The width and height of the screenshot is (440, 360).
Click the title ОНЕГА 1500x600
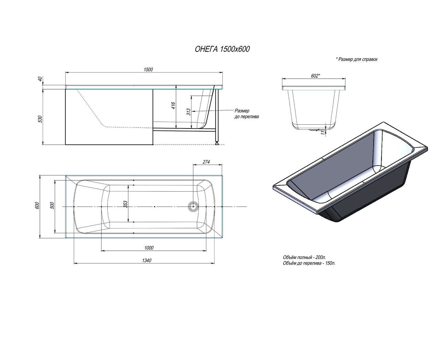[x=222, y=49]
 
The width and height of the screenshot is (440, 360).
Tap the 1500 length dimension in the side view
[x=148, y=70]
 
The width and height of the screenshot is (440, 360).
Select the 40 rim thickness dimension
[x=40, y=79]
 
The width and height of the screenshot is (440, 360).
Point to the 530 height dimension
[x=40, y=119]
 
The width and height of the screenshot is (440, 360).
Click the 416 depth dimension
[x=173, y=105]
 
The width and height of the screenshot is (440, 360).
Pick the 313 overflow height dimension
[x=188, y=112]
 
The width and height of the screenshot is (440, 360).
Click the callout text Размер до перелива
[x=246, y=114]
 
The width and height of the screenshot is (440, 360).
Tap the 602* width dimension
[x=316, y=76]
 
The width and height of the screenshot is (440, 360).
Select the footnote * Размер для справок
[x=356, y=59]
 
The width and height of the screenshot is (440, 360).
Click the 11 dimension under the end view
[x=323, y=133]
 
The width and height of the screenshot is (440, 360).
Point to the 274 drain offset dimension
[x=206, y=162]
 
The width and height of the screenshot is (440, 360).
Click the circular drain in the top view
[x=193, y=206]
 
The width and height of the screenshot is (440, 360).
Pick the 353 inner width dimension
[x=125, y=204]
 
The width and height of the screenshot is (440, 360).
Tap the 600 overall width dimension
[x=37, y=205]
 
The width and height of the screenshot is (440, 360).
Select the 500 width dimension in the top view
[x=52, y=205]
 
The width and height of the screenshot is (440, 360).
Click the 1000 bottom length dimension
[x=149, y=248]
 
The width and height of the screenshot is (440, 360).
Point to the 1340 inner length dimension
[x=147, y=260]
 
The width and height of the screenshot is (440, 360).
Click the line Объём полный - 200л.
[x=305, y=257]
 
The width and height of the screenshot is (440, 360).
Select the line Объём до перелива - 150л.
[x=309, y=263]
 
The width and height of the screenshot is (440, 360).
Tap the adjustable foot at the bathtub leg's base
[x=217, y=143]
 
